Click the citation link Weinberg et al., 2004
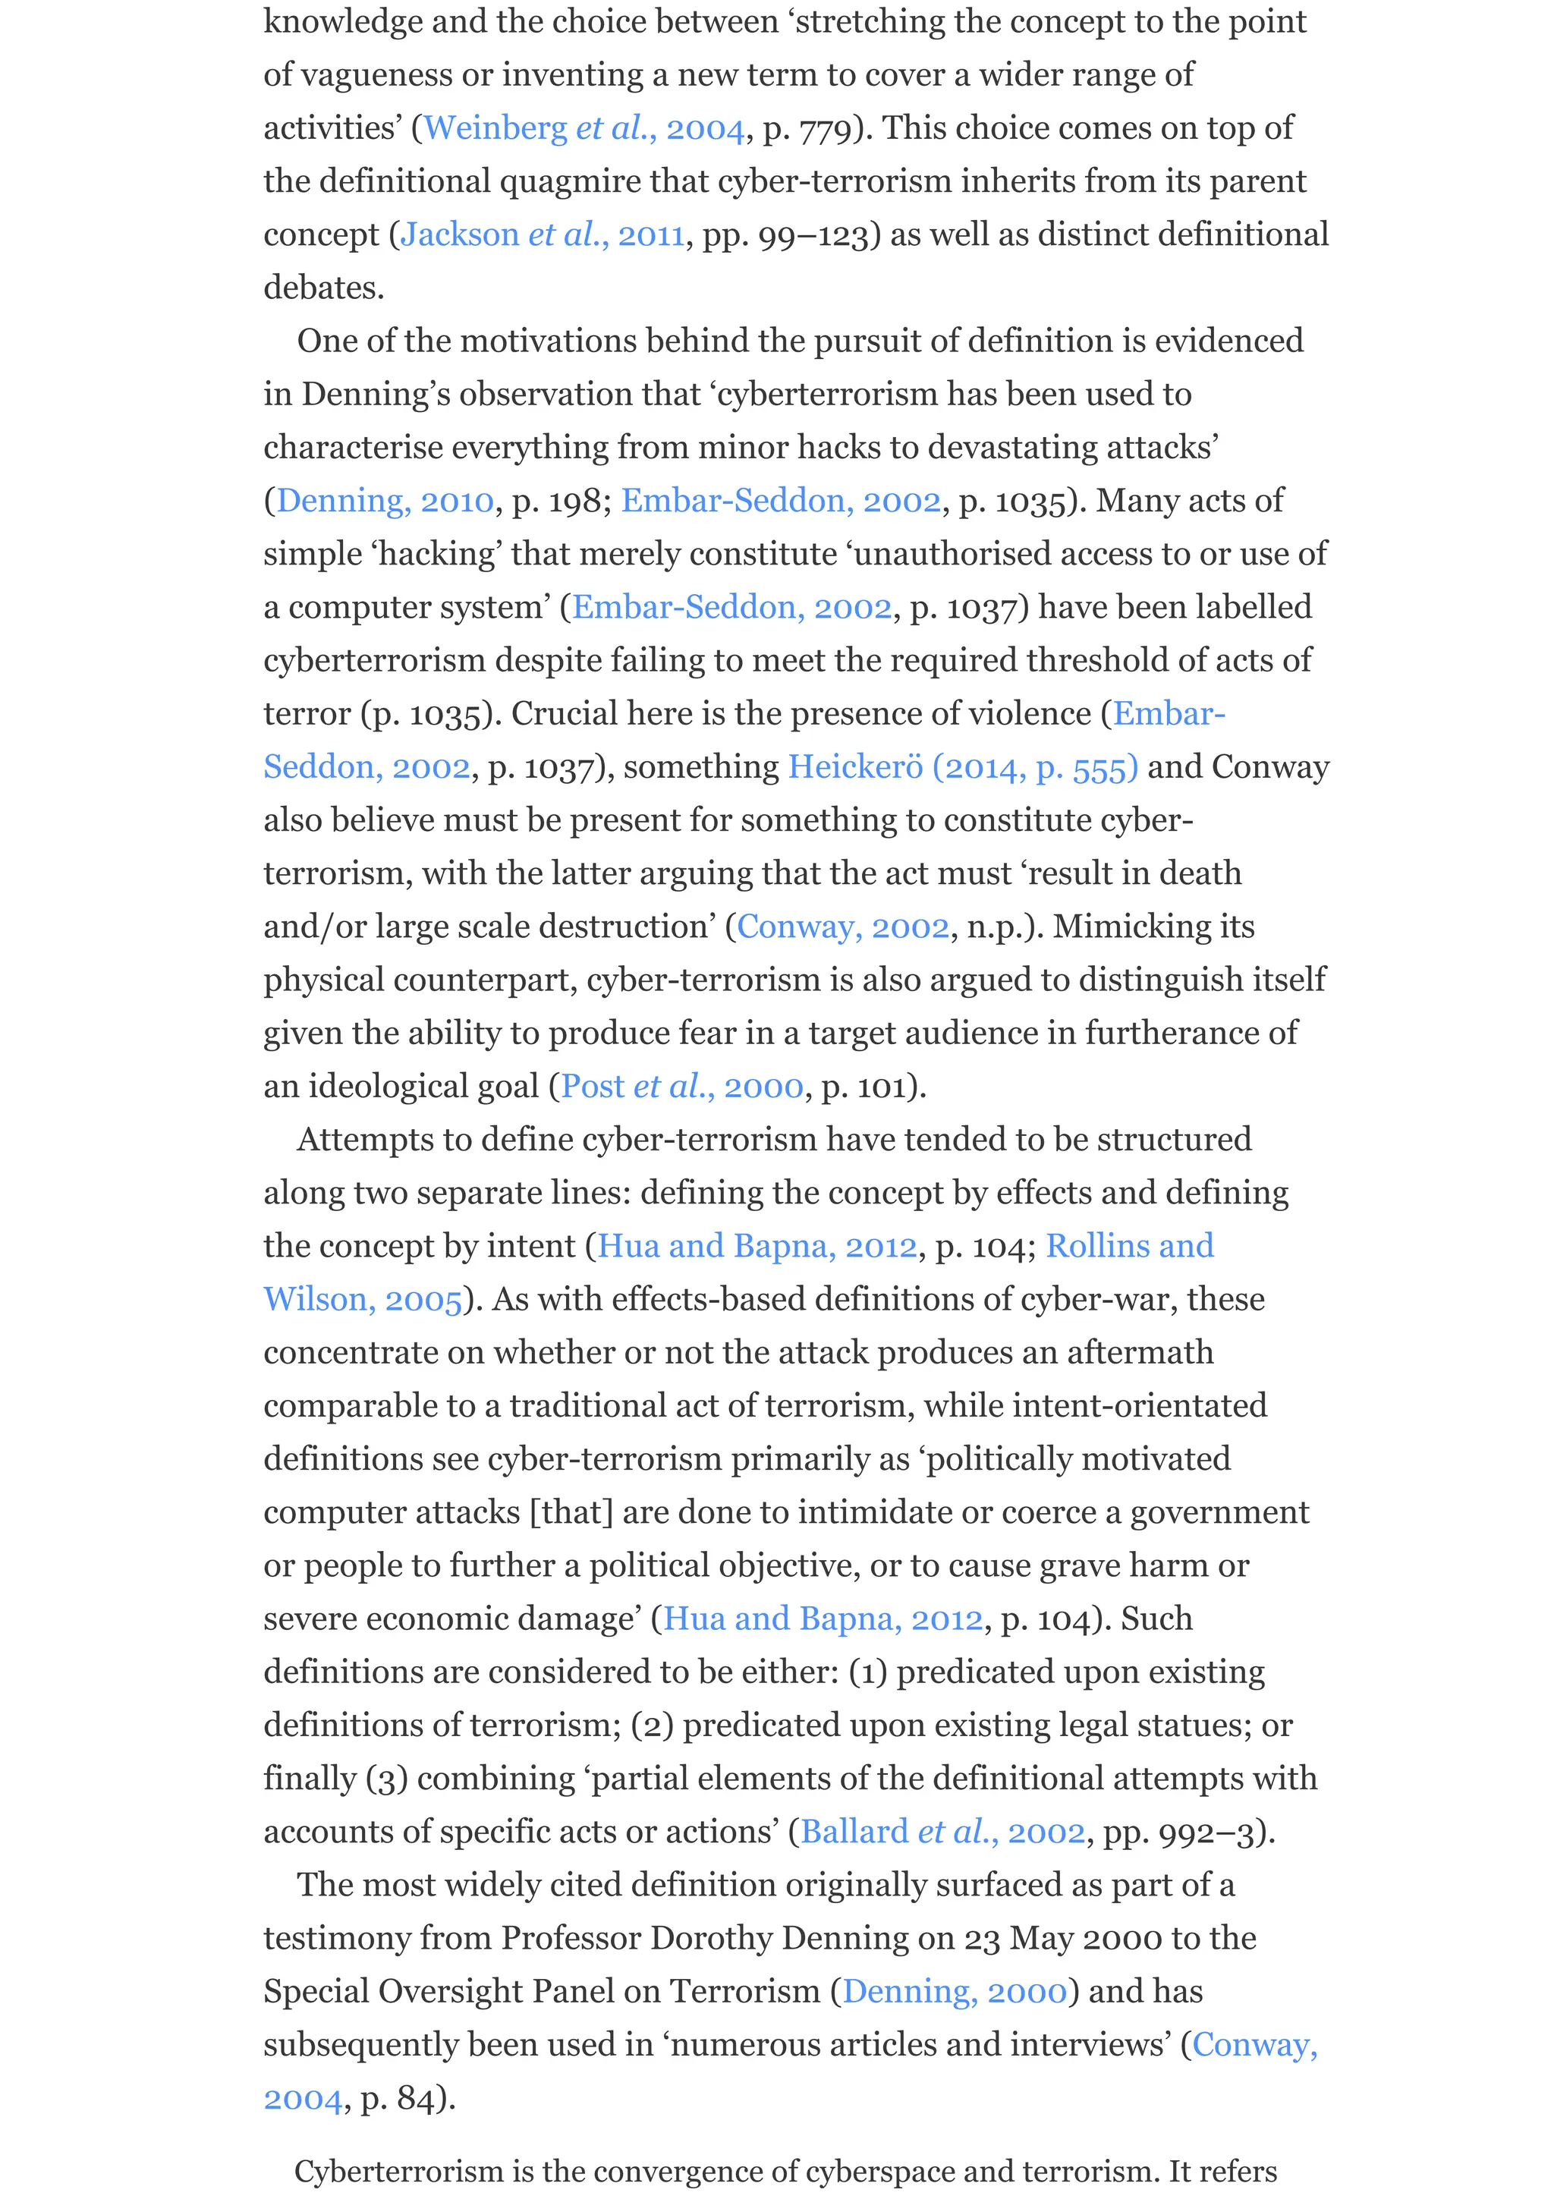(583, 128)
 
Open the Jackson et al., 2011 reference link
(542, 234)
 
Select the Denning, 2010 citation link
(385, 501)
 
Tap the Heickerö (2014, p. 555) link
(962, 767)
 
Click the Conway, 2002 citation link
(842, 927)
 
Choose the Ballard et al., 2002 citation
(943, 1832)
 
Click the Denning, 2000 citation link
(955, 1992)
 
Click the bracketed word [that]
(571, 1512)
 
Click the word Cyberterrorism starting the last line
(398, 2170)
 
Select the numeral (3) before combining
(387, 1779)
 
